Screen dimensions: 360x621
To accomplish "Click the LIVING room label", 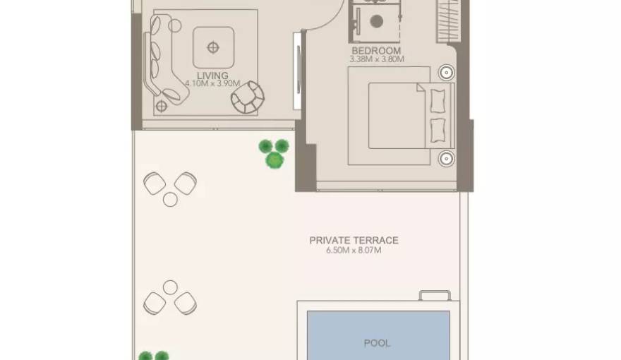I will [x=212, y=75].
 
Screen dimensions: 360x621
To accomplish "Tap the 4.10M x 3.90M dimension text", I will [x=212, y=83].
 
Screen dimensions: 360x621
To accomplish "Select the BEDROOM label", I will [x=376, y=51].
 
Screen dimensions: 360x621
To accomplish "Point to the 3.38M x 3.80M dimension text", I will [x=376, y=59].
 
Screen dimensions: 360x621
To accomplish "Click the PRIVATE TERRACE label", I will [x=354, y=240].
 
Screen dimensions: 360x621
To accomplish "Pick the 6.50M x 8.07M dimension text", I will [x=354, y=250].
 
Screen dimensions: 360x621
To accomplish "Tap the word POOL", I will [x=377, y=343].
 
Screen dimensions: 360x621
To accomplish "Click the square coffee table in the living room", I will [x=213, y=47].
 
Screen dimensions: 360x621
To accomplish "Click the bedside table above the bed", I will [x=446, y=72].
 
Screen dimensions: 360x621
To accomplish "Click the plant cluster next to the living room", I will [x=273, y=153].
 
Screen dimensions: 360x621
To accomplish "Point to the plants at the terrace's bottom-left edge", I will [x=153, y=356].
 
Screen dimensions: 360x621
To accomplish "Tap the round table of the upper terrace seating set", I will [x=170, y=199].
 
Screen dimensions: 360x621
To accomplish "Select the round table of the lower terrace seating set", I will [x=170, y=287].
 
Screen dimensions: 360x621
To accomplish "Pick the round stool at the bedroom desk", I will [x=377, y=21].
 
